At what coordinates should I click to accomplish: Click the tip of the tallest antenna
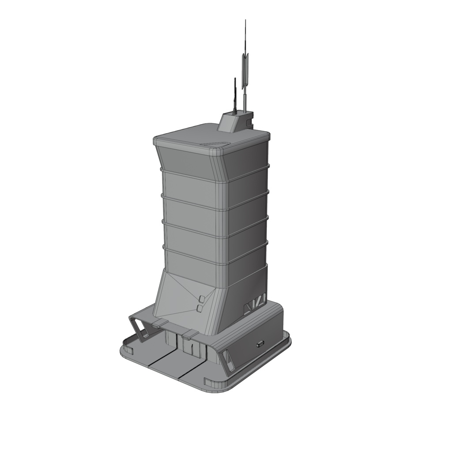(x=245, y=21)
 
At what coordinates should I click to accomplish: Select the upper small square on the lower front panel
(x=202, y=299)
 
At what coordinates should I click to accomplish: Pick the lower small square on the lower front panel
(x=200, y=308)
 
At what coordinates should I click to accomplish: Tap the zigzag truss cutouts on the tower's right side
(x=255, y=304)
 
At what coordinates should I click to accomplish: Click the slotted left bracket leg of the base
(x=140, y=329)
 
